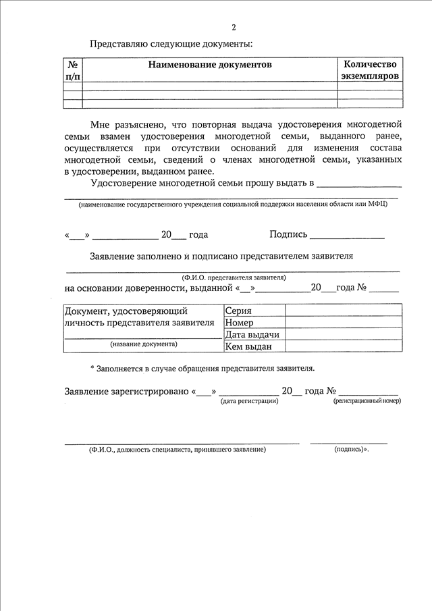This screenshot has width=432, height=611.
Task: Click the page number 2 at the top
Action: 234,28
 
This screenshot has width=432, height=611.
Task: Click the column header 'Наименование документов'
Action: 210,65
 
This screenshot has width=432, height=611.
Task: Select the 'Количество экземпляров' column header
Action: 370,70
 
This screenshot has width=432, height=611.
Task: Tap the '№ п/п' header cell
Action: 73,70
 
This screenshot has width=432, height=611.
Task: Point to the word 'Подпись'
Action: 288,234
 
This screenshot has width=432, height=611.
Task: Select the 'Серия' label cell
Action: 239,311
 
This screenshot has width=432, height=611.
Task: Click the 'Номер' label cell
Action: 240,322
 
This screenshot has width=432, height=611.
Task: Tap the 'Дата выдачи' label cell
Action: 252,334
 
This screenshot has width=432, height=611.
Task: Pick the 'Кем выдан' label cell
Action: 248,346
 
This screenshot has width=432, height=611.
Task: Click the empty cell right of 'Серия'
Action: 343,311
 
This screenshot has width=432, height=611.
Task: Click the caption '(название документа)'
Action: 144,344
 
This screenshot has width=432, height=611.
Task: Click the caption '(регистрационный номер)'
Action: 367,401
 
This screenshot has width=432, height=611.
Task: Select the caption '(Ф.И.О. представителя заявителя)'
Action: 234,277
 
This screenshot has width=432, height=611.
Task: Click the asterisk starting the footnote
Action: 92,369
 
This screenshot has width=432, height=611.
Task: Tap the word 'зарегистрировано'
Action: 151,391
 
